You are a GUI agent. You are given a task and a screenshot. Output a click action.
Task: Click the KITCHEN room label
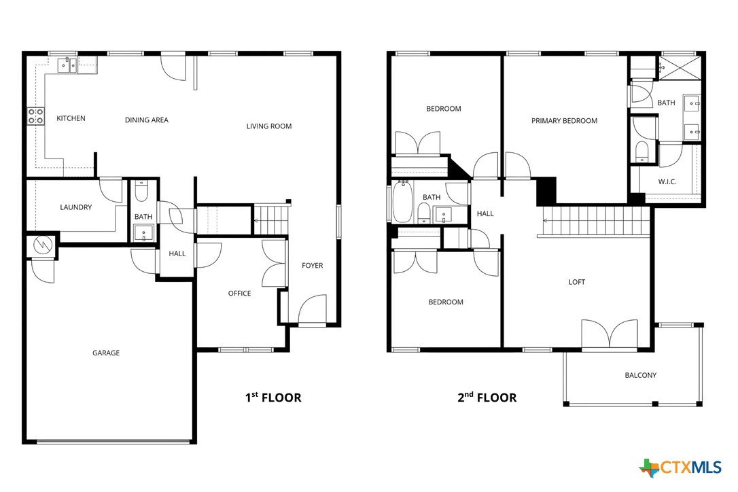pos(71,118)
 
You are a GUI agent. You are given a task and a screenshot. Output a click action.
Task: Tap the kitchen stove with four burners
pos(36,116)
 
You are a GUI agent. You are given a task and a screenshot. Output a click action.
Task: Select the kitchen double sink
pos(67,65)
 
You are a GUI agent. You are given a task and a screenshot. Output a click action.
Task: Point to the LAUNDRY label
pos(76,207)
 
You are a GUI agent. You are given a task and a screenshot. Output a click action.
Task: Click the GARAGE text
pos(106,353)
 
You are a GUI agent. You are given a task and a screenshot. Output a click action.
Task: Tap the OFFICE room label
pos(240,294)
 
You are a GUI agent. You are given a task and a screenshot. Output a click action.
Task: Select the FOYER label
pos(313,266)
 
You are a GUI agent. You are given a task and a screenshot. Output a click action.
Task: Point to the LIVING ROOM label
pos(269,126)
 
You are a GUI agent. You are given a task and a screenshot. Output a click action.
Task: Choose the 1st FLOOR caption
pos(273,398)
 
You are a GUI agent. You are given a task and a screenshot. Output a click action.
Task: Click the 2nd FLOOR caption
pos(487,398)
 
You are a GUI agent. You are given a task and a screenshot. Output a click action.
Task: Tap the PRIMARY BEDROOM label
pos(564,121)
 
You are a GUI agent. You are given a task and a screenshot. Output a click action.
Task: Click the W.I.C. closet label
pos(667,181)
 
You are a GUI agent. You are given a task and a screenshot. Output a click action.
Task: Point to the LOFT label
pos(576,282)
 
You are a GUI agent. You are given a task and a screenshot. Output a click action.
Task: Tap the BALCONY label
pos(641,375)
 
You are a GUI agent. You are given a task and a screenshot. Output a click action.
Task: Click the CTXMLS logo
pos(680,468)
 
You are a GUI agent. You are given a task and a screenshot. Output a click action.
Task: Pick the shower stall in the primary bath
pos(678,68)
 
